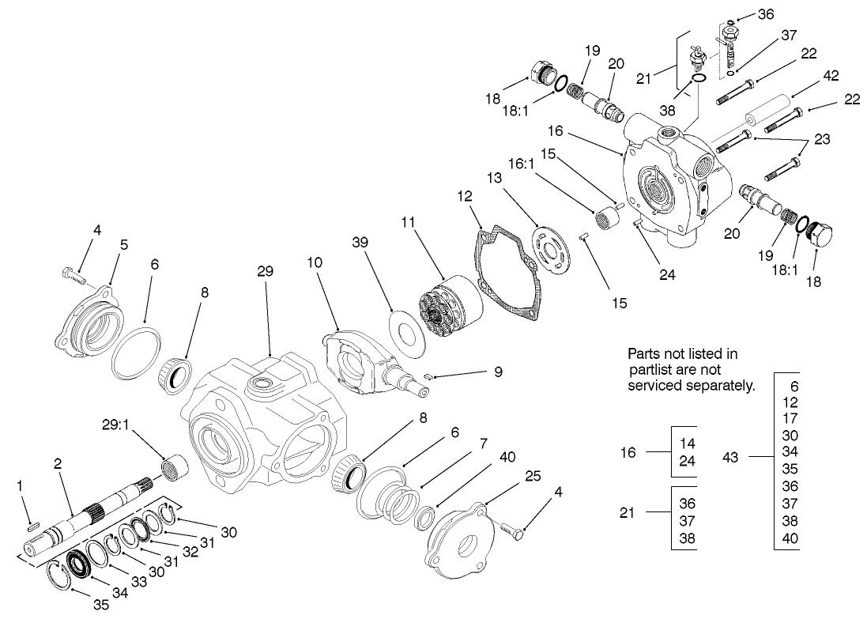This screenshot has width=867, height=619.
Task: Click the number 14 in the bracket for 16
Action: [x=688, y=444]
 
